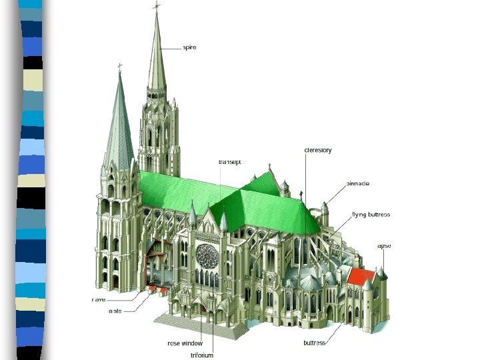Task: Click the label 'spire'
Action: click(x=190, y=47)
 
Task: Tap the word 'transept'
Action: click(x=229, y=162)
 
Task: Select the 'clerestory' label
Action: click(x=318, y=150)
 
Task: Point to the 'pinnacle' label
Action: click(x=358, y=183)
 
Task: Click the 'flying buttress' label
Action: click(x=371, y=215)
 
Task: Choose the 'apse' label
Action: click(x=384, y=246)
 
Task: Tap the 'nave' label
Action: click(x=99, y=300)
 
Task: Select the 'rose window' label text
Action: click(x=185, y=343)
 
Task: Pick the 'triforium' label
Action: click(x=202, y=355)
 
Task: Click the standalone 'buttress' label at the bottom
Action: click(x=315, y=343)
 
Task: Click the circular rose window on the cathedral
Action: click(x=207, y=255)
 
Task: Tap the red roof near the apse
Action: click(x=361, y=276)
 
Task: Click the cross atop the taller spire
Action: click(x=157, y=7)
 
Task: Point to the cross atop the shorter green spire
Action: click(x=120, y=67)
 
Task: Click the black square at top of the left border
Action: click(x=32, y=63)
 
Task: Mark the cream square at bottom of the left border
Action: click(x=32, y=304)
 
